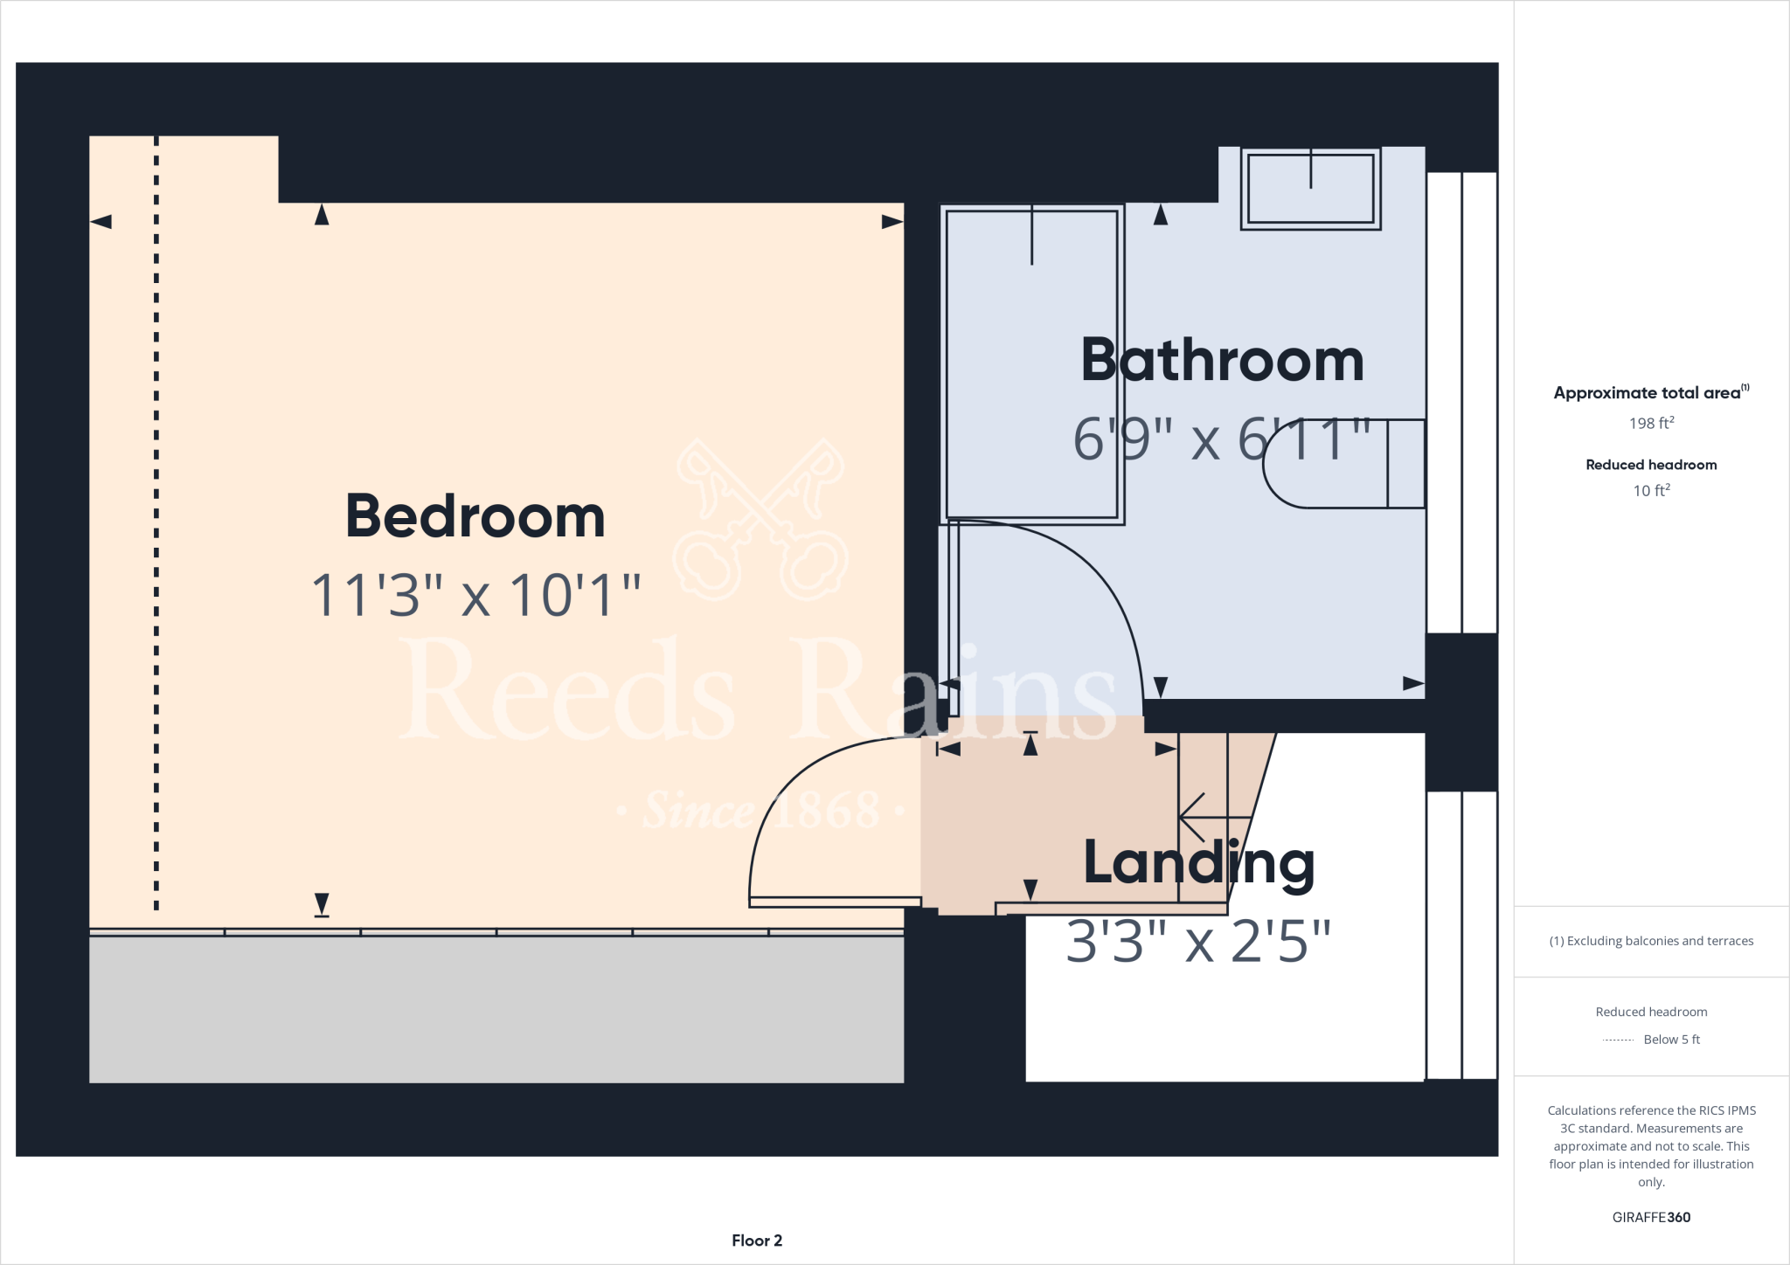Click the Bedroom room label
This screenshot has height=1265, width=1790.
475,516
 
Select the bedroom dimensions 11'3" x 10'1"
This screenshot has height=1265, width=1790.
475,596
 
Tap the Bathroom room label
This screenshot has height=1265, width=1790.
1222,360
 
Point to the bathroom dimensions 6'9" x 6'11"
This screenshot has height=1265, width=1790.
1221,439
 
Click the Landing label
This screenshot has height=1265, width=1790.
1198,863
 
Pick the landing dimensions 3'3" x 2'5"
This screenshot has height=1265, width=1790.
1198,942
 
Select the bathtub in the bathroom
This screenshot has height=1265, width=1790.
1031,364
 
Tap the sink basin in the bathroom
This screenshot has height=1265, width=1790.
1310,189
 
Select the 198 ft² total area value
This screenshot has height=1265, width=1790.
1651,423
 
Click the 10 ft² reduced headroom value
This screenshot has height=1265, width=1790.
1651,490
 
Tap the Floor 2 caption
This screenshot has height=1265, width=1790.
757,1241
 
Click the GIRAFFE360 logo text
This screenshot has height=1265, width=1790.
1651,1217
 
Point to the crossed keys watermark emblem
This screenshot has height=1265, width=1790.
760,520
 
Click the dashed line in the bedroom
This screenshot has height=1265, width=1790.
156,524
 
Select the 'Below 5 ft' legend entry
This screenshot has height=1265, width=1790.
1670,1040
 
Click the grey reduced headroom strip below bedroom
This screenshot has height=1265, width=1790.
496,1009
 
